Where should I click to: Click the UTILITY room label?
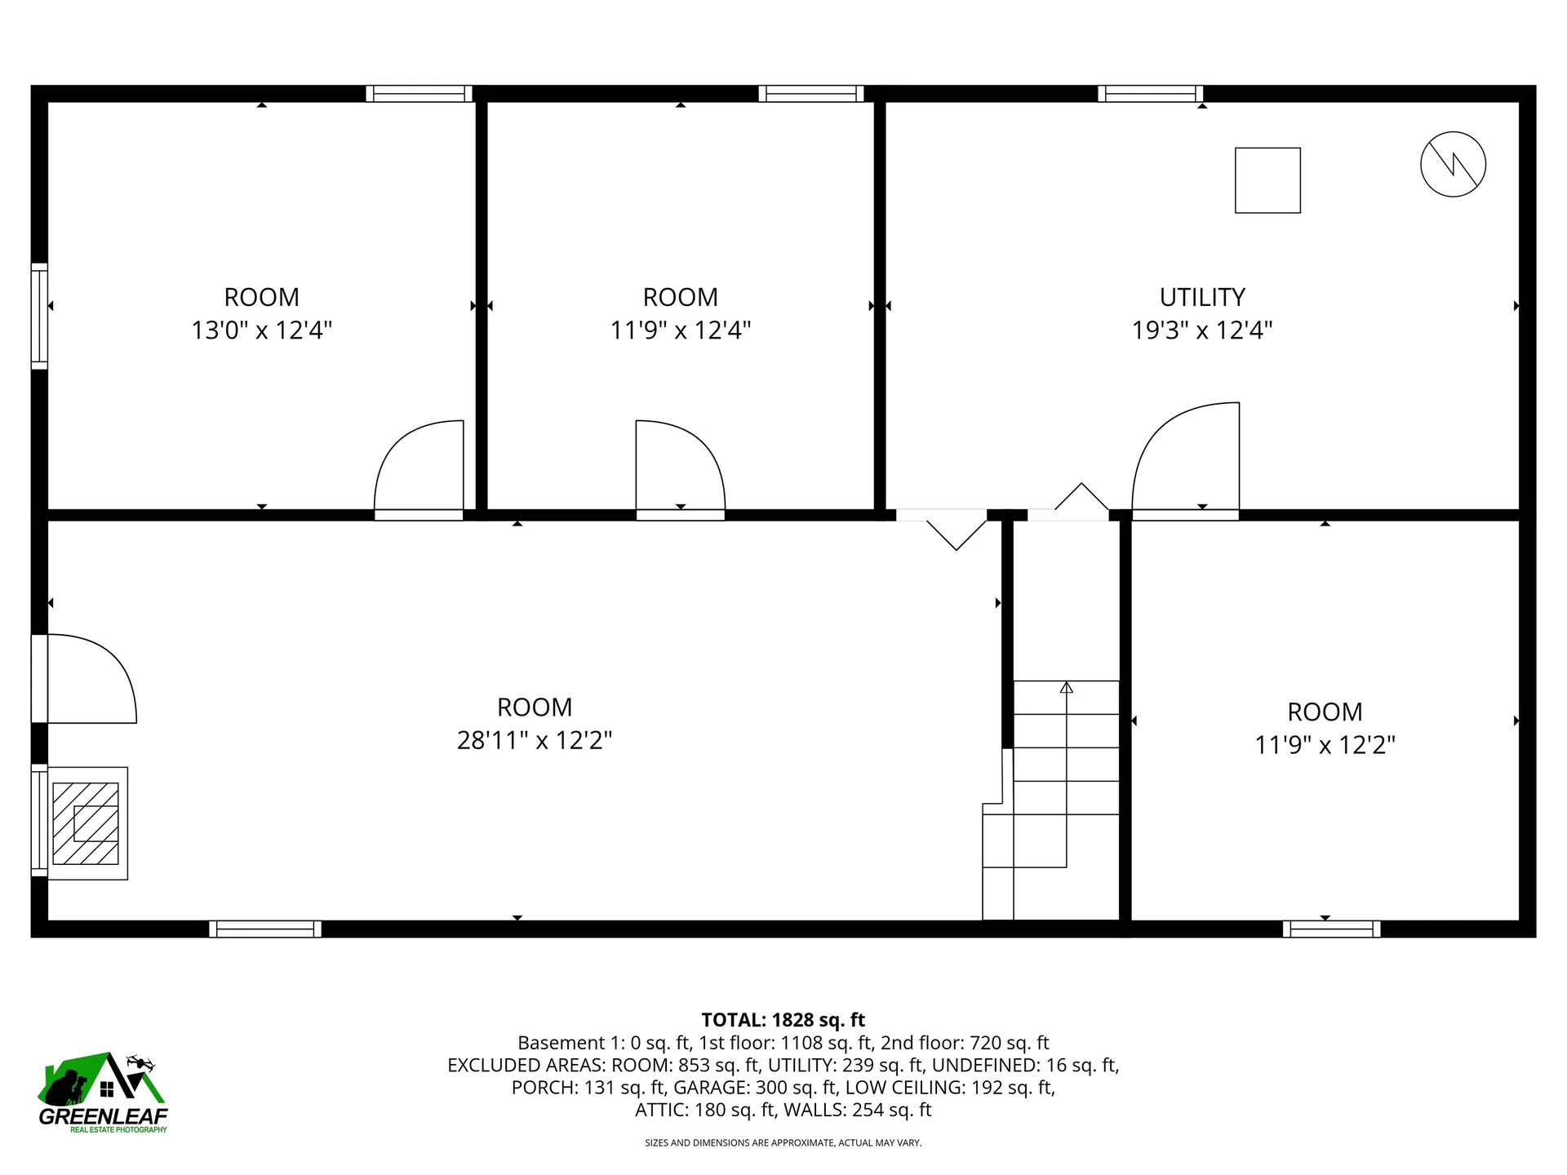(x=1202, y=297)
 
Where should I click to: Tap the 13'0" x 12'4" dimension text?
(x=261, y=330)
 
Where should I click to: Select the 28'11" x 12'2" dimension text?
(x=535, y=740)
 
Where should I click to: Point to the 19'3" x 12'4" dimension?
(x=1202, y=330)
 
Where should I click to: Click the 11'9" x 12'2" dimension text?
(x=1325, y=745)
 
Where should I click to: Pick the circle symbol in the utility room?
(x=1453, y=164)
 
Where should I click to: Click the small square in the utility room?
(x=1267, y=180)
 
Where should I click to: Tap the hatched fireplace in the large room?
(x=86, y=823)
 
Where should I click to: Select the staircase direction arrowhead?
(x=1066, y=688)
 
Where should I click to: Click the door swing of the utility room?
(x=1183, y=457)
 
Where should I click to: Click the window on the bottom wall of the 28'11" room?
(x=265, y=929)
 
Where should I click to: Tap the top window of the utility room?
(x=1150, y=94)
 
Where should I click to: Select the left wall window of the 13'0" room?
(x=39, y=316)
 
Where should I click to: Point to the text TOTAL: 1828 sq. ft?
(x=783, y=1020)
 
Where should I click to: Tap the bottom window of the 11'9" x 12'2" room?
(x=1331, y=929)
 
